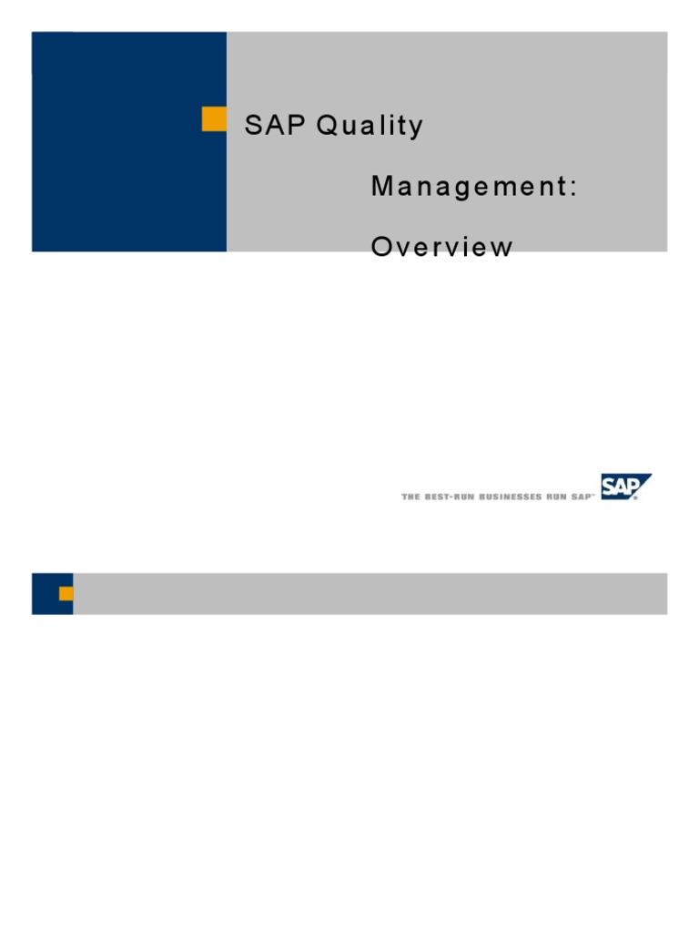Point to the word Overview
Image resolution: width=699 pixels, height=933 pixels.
pos(441,247)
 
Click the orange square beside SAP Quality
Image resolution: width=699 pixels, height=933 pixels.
pos(214,119)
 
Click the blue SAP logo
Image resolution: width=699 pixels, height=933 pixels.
pos(625,487)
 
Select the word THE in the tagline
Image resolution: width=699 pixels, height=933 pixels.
pos(410,497)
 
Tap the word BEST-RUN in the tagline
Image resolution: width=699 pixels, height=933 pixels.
pos(446,497)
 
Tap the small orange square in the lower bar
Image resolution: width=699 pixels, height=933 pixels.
pos(66,594)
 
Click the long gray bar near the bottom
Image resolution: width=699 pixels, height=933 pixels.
pos(370,594)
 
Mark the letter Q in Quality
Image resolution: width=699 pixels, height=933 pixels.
pos(327,126)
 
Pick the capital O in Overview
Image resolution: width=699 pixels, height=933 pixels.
pos(381,247)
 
